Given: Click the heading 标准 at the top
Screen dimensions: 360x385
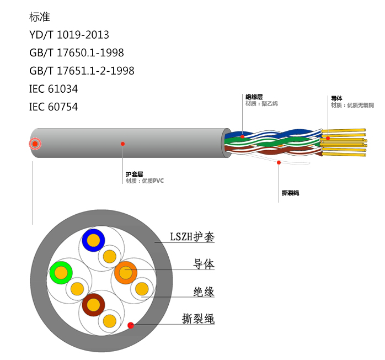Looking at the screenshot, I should point(40,17).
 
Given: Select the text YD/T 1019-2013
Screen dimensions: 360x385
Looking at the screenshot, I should point(69,35).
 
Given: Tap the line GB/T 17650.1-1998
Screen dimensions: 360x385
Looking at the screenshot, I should point(76,53).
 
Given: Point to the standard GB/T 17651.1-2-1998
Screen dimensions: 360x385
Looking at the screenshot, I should point(82,71).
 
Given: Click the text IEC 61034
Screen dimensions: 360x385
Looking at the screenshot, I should point(54,88).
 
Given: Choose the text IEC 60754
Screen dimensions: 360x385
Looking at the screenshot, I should point(54,107).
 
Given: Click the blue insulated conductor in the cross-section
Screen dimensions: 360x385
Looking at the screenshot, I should point(94,240).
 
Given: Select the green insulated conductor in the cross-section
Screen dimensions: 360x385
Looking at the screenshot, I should point(61,272).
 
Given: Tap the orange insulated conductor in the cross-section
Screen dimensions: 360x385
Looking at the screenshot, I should point(126,272).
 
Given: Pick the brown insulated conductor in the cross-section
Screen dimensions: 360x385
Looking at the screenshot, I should point(93,304).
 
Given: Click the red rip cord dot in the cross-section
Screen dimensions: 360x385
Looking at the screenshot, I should point(131,325).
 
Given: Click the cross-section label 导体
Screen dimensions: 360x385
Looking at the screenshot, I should point(204,264).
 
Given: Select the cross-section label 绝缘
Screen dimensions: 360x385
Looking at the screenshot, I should point(204,292).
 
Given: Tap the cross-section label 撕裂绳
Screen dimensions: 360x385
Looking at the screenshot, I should point(198,319).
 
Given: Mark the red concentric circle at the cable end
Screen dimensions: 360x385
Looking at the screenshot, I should point(35,144).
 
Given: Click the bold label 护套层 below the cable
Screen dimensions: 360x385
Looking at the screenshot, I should point(134,174).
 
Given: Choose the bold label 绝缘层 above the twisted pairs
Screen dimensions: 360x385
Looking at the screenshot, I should point(254,97).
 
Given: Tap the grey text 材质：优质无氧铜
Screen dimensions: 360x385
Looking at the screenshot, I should point(352,105).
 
